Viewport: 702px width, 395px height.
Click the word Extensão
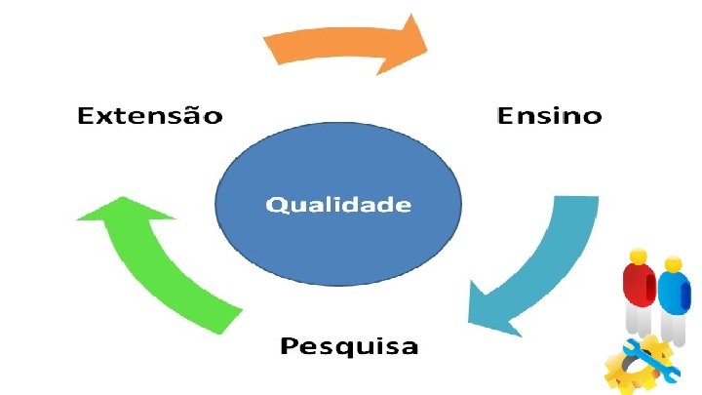pyautogui.click(x=150, y=117)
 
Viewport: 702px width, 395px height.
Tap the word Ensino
pyautogui.click(x=549, y=116)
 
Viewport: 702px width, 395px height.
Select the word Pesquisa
pyautogui.click(x=349, y=346)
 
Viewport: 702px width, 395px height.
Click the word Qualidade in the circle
pyautogui.click(x=338, y=205)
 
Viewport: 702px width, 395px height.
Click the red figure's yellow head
pyautogui.click(x=639, y=257)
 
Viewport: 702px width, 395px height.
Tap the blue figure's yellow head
pyautogui.click(x=673, y=263)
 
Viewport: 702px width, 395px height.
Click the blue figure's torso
pyautogui.click(x=672, y=292)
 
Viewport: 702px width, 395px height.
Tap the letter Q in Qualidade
pyautogui.click(x=276, y=205)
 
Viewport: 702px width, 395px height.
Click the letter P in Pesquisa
pyautogui.click(x=290, y=345)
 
